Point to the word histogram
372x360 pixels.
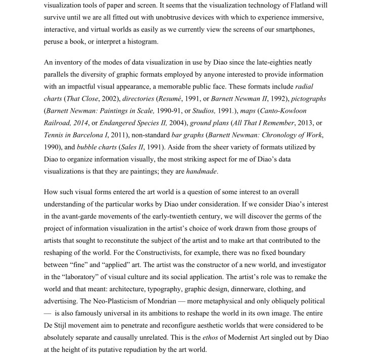[x=141, y=41]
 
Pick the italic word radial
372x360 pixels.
[x=304, y=86]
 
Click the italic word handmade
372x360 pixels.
[x=202, y=171]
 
